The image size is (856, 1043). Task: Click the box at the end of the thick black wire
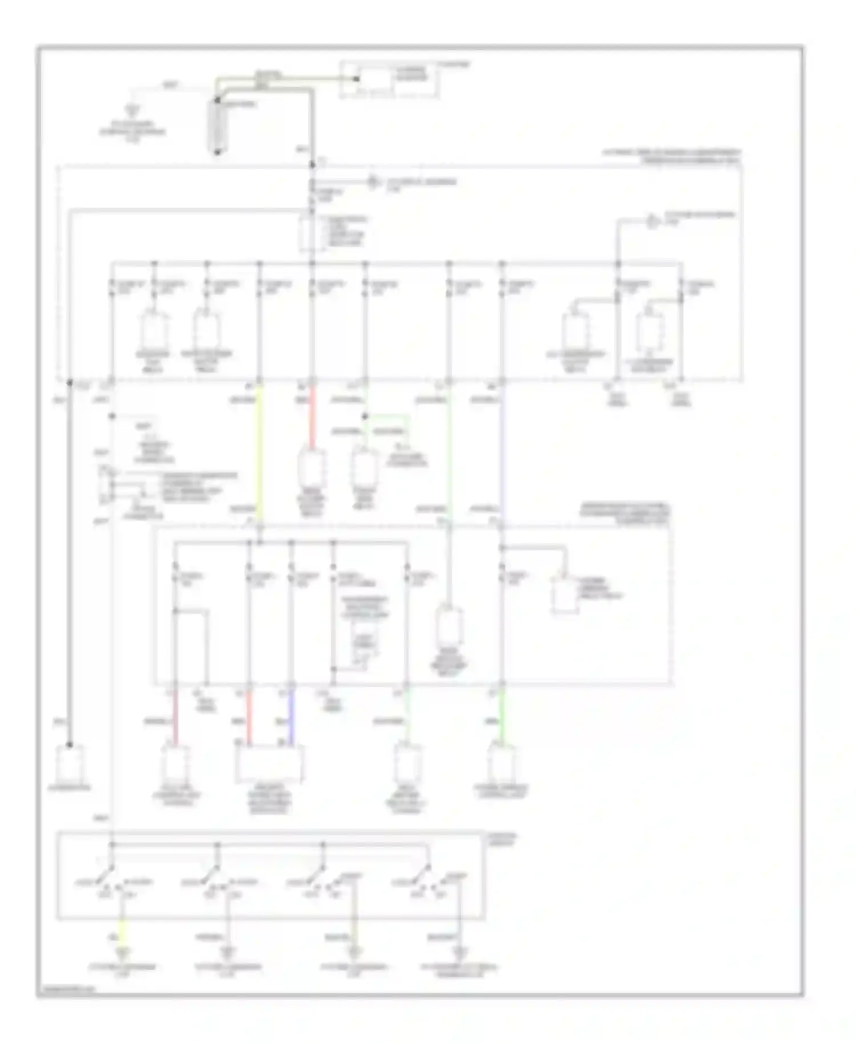coord(69,763)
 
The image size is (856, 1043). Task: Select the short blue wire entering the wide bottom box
coord(292,717)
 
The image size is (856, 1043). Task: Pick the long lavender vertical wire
coord(502,451)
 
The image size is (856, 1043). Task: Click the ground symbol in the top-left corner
coord(133,110)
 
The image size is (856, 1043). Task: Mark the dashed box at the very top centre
coord(389,80)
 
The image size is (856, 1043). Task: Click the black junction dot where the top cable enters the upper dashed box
coord(312,165)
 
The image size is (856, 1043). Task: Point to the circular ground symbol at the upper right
coord(652,221)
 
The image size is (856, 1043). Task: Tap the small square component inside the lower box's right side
coord(564,595)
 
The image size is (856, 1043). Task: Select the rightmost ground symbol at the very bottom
coord(459,952)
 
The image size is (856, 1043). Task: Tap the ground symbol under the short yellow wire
coord(123,952)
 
